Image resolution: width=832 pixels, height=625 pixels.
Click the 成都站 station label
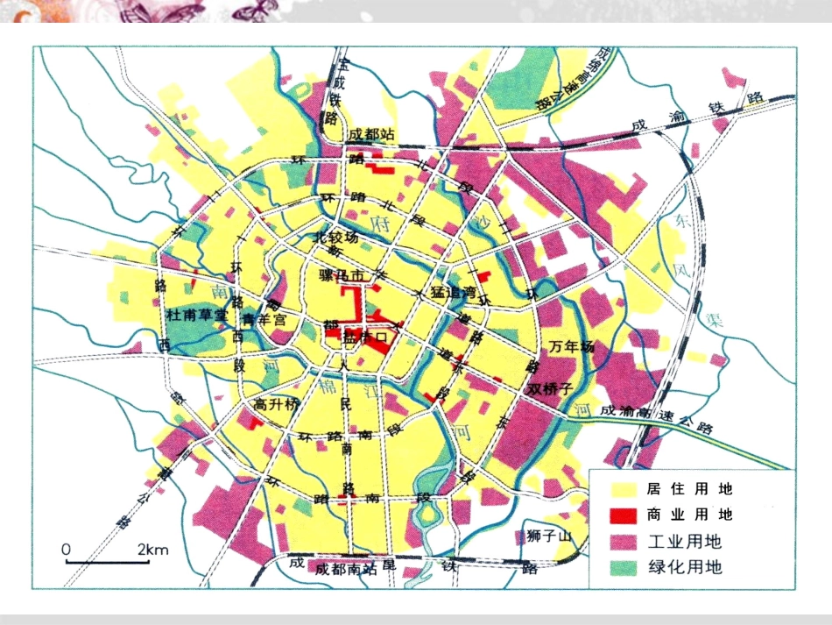(372, 135)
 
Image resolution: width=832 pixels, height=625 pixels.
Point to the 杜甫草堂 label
(197, 314)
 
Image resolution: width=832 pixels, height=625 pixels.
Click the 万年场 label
(573, 348)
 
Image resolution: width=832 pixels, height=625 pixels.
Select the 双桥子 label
(548, 387)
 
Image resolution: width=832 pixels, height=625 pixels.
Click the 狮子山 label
(550, 535)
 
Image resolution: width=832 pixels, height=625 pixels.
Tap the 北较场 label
(337, 238)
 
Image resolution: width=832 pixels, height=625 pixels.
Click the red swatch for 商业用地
(622, 515)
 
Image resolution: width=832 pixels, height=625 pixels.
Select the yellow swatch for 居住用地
(622, 488)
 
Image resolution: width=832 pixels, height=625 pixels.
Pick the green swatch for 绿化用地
(622, 567)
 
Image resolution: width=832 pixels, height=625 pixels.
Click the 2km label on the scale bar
(153, 550)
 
